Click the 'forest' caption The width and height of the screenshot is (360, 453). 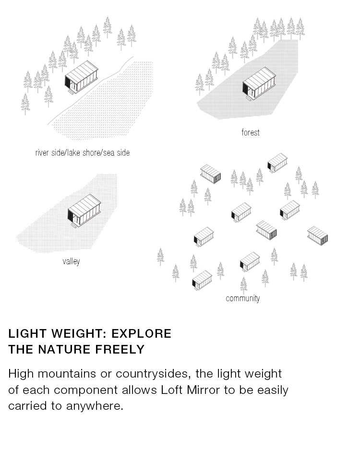point(250,132)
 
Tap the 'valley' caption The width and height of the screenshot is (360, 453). point(71,261)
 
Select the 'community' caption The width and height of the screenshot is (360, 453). point(242,298)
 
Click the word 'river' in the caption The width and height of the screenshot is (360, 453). point(42,153)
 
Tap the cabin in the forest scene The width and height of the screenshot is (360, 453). point(259,84)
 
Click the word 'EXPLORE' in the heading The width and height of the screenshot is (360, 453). point(142,333)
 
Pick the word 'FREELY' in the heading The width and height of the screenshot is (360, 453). point(120,349)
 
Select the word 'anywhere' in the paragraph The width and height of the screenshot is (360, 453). point(95,406)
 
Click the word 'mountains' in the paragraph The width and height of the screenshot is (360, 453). point(67,374)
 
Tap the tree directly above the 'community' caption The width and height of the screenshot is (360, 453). point(244,285)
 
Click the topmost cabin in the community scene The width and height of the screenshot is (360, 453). point(277,163)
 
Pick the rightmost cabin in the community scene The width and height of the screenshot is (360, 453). point(318,236)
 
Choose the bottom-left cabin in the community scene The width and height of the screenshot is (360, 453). point(202,280)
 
